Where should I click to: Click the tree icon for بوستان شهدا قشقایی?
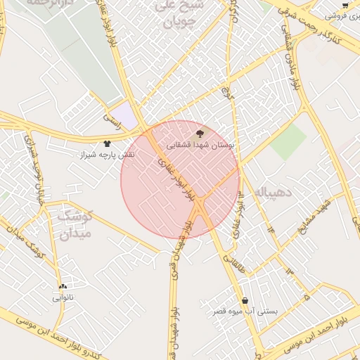click(x=201, y=134)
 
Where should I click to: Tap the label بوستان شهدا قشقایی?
click(x=201, y=145)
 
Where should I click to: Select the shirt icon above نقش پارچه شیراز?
click(x=107, y=143)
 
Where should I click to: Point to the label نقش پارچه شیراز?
click(x=107, y=154)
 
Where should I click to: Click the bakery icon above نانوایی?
click(x=63, y=287)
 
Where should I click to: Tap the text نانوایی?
click(x=63, y=297)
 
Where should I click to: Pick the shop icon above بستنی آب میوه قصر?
click(x=245, y=300)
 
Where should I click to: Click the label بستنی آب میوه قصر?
click(x=245, y=311)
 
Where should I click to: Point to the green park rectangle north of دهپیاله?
click(x=288, y=141)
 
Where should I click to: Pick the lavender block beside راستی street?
click(x=125, y=115)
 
